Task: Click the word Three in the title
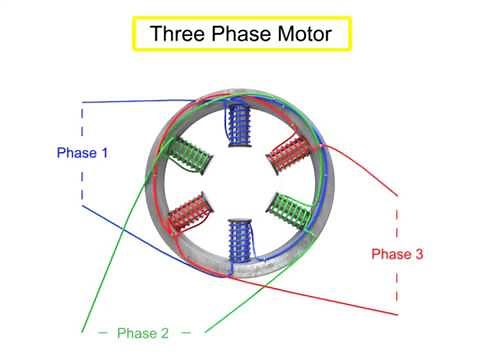click(x=175, y=34)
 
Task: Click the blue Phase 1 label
click(x=82, y=154)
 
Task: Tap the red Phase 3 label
click(x=397, y=254)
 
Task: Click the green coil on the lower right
click(x=291, y=211)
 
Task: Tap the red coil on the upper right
click(x=291, y=153)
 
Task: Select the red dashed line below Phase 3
click(x=398, y=285)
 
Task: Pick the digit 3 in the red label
click(x=418, y=254)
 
